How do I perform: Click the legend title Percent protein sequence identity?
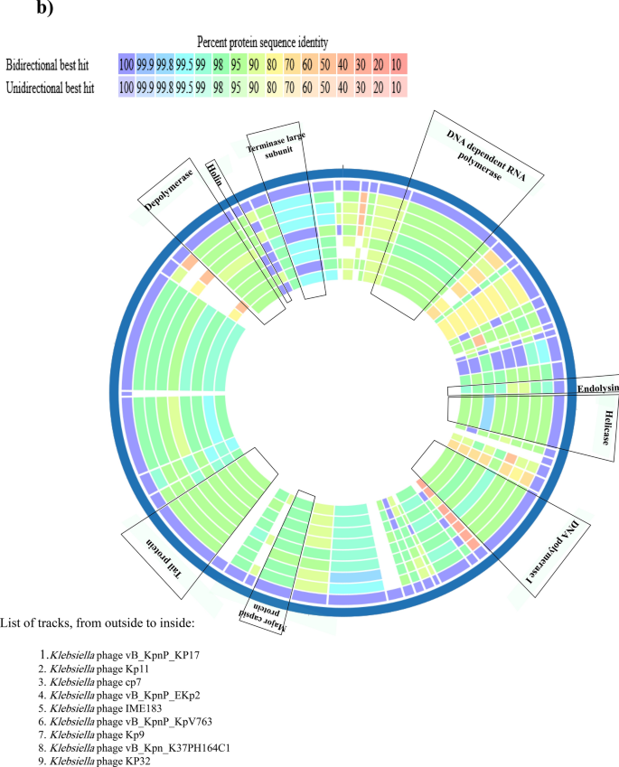[262, 42]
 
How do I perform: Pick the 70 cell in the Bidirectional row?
[289, 65]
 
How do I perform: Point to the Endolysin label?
[596, 387]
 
